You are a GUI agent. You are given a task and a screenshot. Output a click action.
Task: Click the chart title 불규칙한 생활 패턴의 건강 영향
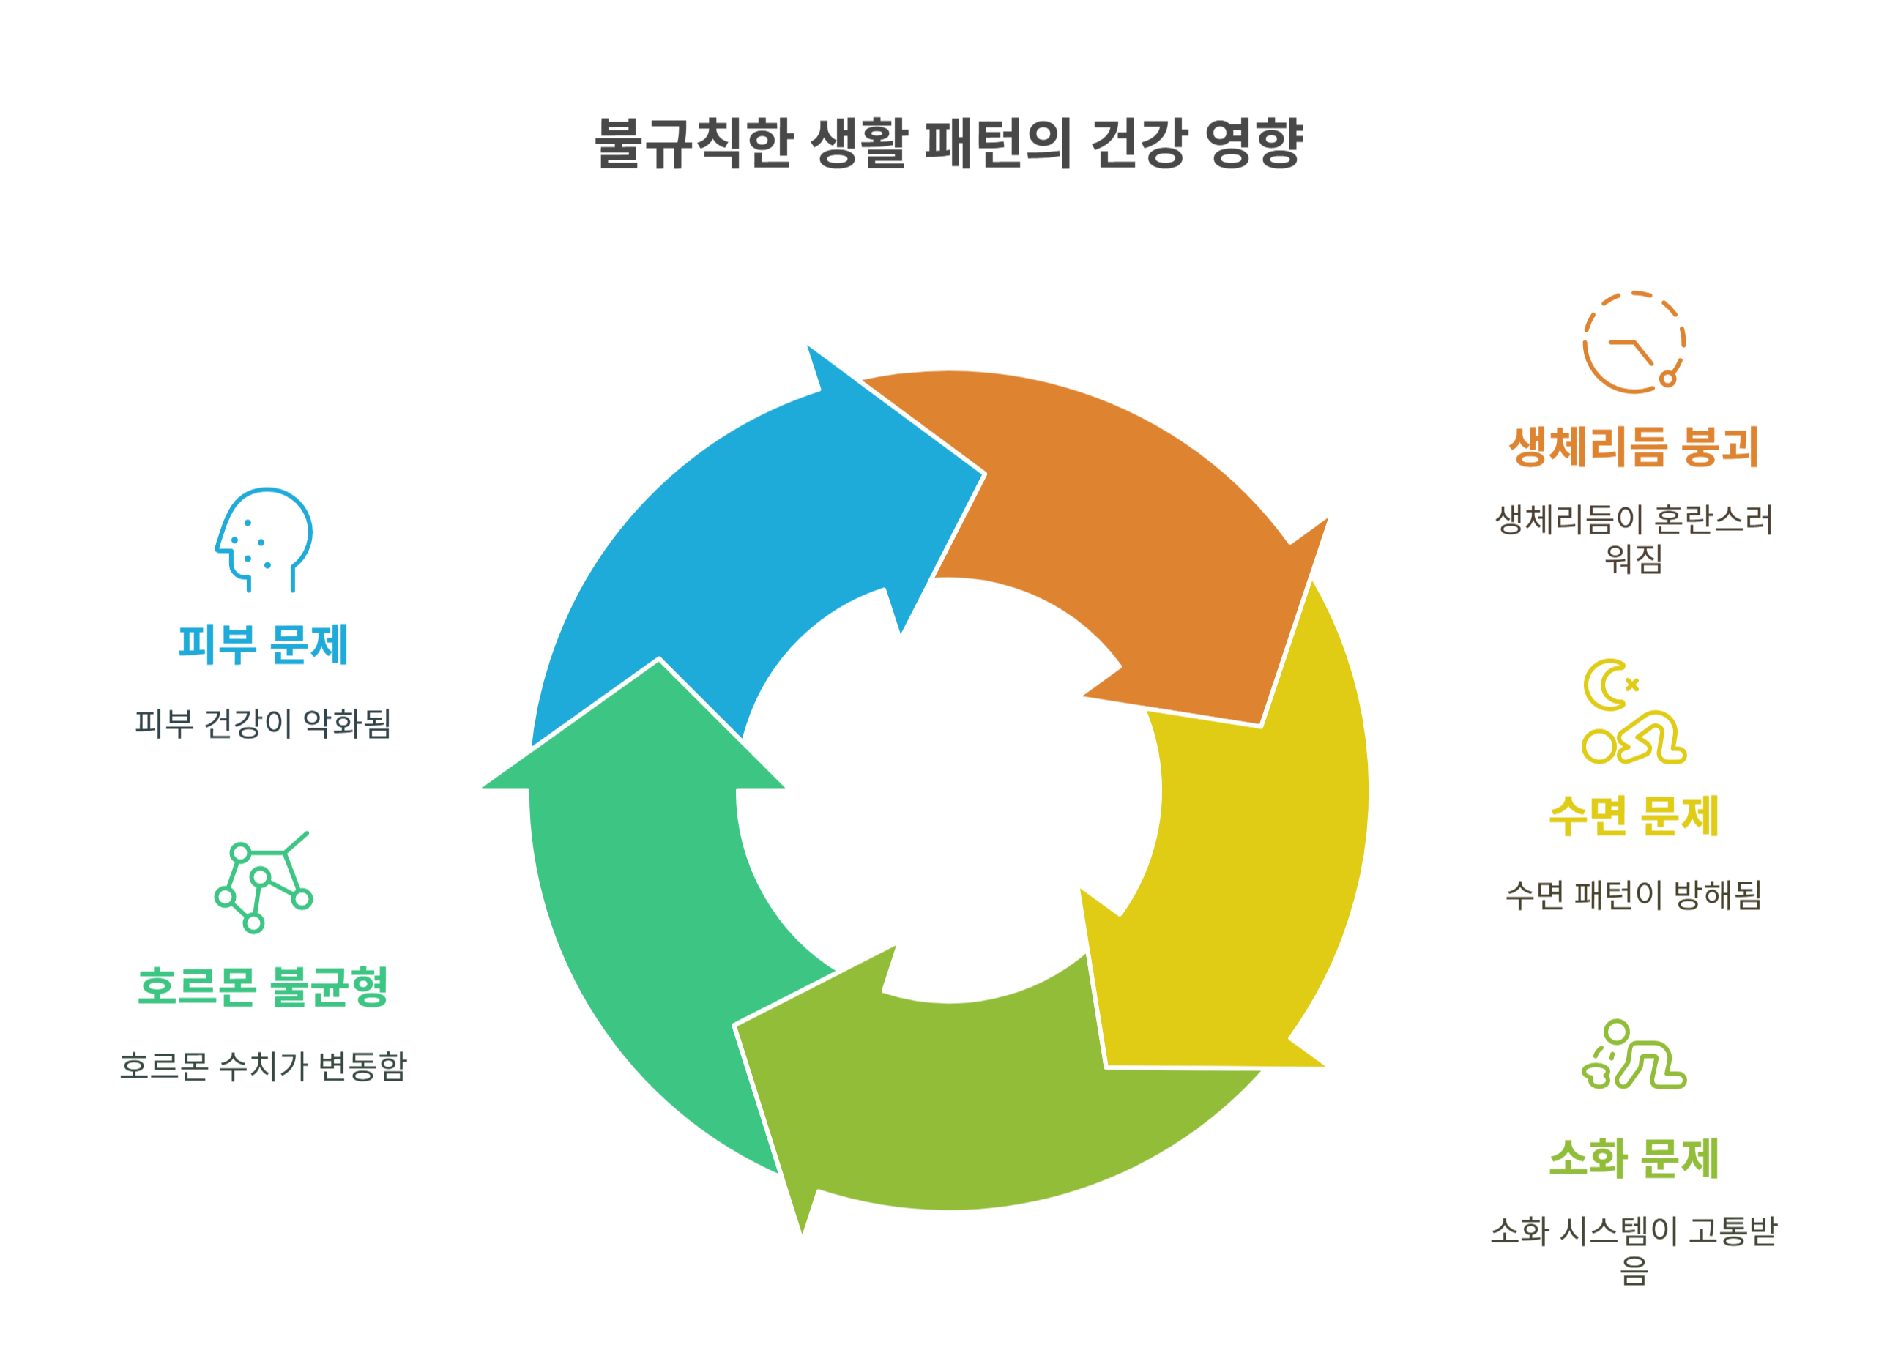click(x=948, y=143)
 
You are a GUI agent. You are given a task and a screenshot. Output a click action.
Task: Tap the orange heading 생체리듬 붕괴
click(x=1633, y=446)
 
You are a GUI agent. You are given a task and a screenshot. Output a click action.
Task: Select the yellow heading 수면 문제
click(x=1633, y=815)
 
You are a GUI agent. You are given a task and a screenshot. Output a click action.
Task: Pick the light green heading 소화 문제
click(x=1633, y=1158)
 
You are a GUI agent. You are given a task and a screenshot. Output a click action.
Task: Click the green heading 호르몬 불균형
click(x=263, y=987)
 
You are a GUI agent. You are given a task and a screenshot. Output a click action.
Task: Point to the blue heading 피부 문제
click(x=263, y=644)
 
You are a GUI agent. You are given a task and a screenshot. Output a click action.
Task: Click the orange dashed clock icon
click(x=1633, y=342)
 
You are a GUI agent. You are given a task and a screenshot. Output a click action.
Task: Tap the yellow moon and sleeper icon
click(x=1633, y=713)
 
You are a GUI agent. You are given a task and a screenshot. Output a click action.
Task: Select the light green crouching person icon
click(x=1633, y=1055)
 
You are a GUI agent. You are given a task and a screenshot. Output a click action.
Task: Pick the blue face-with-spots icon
click(x=263, y=540)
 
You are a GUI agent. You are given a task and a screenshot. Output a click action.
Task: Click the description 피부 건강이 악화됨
click(x=263, y=724)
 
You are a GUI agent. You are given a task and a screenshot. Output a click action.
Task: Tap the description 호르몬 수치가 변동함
click(x=263, y=1066)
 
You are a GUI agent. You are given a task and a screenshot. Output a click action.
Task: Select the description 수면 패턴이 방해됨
click(x=1633, y=895)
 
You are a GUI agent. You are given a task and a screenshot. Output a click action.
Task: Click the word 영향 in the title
click(x=1253, y=143)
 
